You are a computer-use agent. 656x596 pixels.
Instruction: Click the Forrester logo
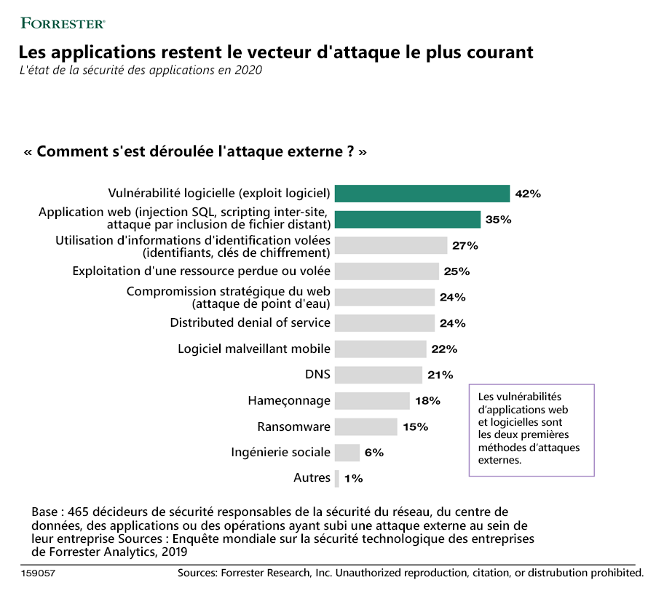point(63,23)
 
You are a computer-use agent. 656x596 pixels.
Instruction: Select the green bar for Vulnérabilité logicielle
point(422,194)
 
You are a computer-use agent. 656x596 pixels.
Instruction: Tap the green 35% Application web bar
point(408,219)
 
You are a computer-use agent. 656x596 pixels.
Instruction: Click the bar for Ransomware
point(366,426)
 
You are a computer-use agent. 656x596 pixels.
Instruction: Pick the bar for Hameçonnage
point(372,401)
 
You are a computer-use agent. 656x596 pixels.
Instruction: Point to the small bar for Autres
point(337,478)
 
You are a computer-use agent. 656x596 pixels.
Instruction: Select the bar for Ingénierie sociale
point(347,453)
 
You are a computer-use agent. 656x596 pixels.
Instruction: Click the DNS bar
point(379,375)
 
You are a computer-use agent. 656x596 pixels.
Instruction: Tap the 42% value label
point(527,194)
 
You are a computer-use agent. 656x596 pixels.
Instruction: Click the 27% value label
point(465,245)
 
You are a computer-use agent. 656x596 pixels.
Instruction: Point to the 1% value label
point(354,478)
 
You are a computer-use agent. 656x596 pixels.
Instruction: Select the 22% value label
point(443,349)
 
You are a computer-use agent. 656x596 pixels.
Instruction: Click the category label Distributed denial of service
point(250,322)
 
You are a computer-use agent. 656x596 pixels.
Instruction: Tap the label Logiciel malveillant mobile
point(254,349)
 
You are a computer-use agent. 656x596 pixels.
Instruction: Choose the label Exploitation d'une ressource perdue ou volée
point(201,271)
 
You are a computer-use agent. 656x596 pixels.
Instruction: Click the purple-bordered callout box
point(531,429)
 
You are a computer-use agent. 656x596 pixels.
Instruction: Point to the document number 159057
point(38,573)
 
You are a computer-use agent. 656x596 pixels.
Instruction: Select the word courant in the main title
point(498,53)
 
